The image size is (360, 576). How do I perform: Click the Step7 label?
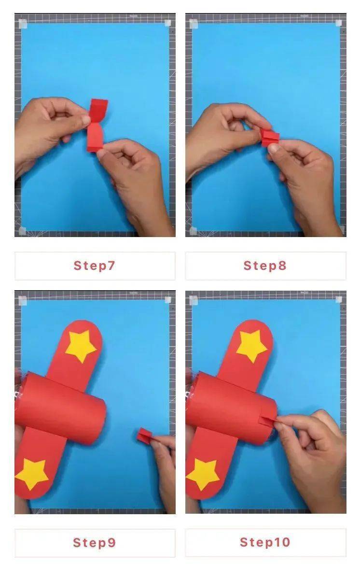point(95,265)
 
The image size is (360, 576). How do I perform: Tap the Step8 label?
point(265,265)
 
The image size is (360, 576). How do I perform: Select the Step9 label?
point(95,542)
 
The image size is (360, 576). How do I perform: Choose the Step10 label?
point(265,542)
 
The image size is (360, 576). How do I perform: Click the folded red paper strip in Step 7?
point(96,125)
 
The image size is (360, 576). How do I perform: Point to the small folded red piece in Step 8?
point(270,137)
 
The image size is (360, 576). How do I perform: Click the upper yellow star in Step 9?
point(81,345)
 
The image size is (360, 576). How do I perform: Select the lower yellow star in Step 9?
point(31,474)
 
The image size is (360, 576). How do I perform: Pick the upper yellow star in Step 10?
point(252,345)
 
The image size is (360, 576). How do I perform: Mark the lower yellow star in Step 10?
point(203,474)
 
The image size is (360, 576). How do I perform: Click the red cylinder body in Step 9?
point(61,408)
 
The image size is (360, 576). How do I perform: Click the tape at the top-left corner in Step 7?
point(22,24)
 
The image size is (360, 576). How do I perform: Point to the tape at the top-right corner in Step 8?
point(339,23)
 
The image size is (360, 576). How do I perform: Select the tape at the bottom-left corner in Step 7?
point(22,231)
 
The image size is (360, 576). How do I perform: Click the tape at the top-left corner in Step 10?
point(194,301)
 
